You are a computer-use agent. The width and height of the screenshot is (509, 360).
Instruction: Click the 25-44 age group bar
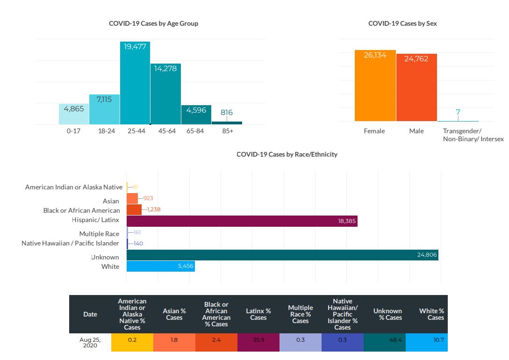point(135,84)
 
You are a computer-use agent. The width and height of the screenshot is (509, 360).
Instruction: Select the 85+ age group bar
point(227,123)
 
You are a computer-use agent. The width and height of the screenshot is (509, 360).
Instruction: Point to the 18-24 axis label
point(105,131)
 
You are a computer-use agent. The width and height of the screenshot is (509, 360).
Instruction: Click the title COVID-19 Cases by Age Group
point(153,23)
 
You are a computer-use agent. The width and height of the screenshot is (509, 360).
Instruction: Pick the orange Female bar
point(375,86)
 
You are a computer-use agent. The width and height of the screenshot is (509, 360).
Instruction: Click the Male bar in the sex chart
point(416,88)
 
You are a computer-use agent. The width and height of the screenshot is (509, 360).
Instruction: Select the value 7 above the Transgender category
point(458,112)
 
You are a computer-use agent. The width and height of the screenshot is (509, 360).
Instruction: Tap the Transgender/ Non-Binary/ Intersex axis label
point(473,135)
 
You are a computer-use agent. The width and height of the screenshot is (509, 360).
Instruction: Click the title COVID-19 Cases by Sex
point(402,23)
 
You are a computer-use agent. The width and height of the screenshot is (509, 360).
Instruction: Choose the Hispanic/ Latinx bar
point(242,220)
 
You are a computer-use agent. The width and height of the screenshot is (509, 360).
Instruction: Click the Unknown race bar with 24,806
point(282,255)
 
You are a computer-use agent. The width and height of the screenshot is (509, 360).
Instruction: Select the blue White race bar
point(160,266)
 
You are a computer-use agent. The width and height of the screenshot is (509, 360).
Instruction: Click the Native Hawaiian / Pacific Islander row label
point(70,243)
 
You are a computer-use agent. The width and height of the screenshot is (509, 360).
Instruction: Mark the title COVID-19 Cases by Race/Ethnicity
point(287,154)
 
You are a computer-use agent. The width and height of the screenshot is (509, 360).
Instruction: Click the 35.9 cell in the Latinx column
point(258,340)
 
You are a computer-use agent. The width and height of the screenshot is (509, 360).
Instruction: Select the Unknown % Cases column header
point(387,314)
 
